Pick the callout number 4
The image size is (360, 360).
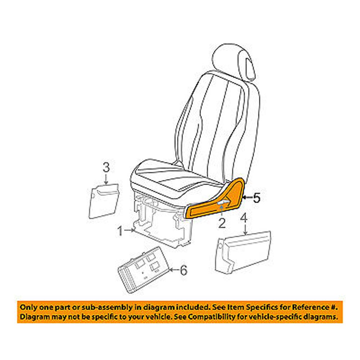244,218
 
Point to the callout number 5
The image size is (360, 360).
256,198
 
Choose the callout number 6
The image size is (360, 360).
184,270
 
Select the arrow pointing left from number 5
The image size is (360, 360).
247,198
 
